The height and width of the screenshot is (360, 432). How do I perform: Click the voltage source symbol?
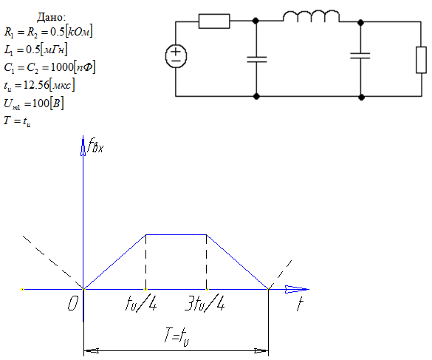click(176, 56)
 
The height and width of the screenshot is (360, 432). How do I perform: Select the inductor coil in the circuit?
click(312, 16)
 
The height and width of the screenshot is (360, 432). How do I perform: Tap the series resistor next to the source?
click(214, 21)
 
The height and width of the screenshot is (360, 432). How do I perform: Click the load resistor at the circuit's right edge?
click(421, 60)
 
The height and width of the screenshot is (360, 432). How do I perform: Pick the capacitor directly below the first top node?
click(257, 59)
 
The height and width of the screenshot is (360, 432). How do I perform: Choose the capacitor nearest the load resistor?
click(360, 55)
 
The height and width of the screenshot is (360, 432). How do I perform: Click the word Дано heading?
click(52, 17)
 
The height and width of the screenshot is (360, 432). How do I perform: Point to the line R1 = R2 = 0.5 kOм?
click(48, 32)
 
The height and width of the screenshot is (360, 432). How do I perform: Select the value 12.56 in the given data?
click(36, 85)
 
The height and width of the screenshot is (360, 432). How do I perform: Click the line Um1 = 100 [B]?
click(34, 103)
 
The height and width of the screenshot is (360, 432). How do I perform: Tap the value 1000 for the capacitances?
click(62, 67)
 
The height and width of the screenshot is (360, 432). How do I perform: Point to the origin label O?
click(73, 304)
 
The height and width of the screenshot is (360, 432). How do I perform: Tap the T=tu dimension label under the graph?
click(177, 336)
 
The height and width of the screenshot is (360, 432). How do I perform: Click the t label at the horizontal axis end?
click(300, 304)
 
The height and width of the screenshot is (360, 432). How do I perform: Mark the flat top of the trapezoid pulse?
click(176, 234)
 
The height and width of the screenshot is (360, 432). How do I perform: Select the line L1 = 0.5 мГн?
click(35, 50)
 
